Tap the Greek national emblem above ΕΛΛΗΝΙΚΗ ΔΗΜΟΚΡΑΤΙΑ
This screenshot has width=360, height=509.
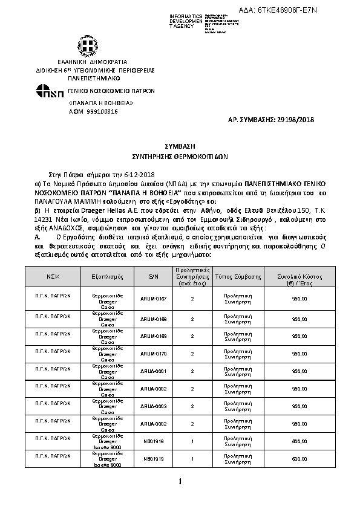tap(83, 47)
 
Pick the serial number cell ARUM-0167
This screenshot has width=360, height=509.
tap(152, 299)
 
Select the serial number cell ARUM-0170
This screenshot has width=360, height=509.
tap(152, 353)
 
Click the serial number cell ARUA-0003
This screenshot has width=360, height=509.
tap(152, 407)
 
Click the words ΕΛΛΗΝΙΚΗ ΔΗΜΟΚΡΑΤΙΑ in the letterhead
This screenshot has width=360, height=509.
tap(84, 62)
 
